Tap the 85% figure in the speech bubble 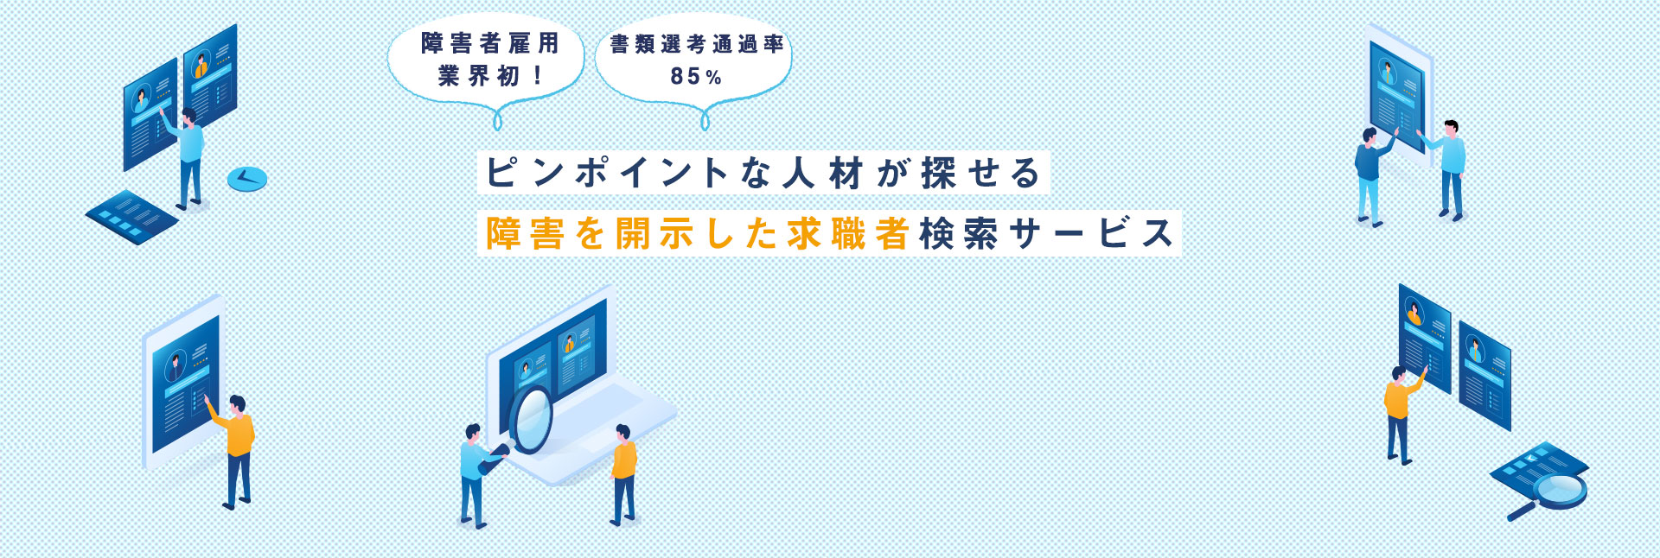click(696, 77)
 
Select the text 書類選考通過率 click(697, 44)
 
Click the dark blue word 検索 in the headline click(959, 234)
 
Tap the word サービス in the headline click(1092, 234)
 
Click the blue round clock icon click(247, 179)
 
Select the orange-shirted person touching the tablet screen click(234, 450)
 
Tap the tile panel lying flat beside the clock click(132, 216)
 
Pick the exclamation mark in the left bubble click(538, 76)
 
